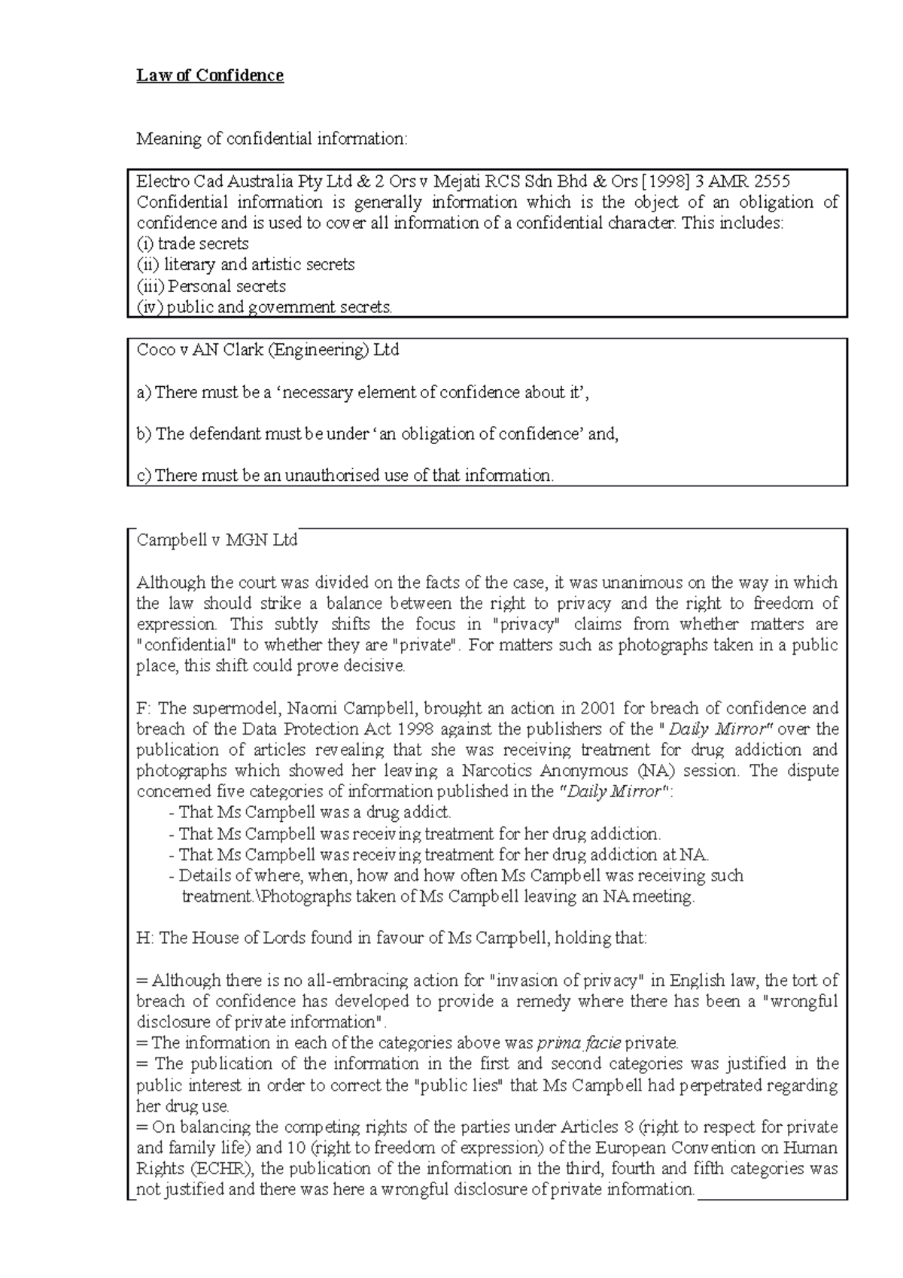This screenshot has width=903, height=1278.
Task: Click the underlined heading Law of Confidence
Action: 209,75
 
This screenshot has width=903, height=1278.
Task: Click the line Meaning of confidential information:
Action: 271,139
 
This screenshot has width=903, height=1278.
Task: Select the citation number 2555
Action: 772,181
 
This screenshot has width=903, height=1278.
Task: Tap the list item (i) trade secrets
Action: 193,244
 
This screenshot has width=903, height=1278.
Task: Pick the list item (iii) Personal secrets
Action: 211,286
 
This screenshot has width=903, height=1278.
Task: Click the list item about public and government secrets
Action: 264,307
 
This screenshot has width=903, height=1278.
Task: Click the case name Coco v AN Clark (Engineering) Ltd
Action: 267,350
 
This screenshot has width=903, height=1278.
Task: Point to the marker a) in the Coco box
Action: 143,392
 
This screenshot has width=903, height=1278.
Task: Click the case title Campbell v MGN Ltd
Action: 217,540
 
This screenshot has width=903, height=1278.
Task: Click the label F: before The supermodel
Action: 144,708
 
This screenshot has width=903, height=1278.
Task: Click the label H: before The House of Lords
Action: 144,939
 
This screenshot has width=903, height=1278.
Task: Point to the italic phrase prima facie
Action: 579,1043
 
